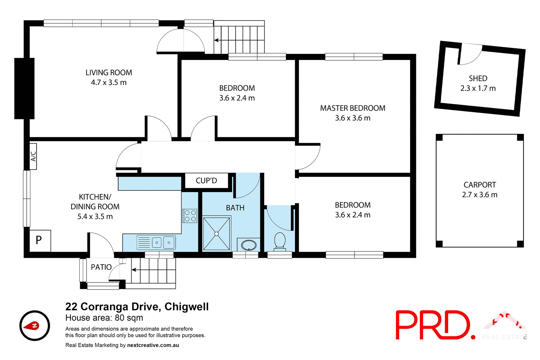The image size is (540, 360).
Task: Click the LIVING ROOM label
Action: point(109,73)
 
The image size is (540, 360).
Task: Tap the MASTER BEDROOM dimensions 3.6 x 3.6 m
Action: point(352,118)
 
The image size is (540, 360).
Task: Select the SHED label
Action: point(478,78)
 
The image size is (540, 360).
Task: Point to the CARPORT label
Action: point(480,185)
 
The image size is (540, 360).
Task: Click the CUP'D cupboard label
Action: point(206,181)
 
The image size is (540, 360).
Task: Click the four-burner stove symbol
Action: point(190,216)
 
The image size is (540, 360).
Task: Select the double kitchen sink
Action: point(163,242)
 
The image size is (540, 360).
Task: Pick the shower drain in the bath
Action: point(216,234)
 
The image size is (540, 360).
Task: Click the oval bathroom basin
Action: point(249,245)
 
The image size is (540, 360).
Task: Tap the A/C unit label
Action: point(33,156)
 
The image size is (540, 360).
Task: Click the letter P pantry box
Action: point(39,240)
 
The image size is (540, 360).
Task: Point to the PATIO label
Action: point(101,267)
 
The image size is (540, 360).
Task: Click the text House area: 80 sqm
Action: point(104,318)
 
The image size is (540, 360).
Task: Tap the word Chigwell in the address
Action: point(186,307)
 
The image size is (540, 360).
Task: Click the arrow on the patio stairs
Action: point(134,270)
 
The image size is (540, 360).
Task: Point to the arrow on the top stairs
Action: point(217,40)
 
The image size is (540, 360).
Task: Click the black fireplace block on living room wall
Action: point(24,88)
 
